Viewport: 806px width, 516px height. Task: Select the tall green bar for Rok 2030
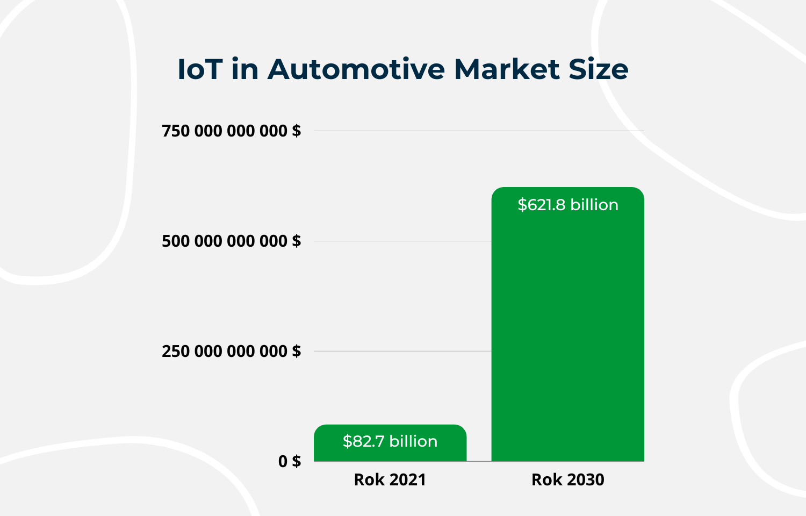click(567, 333)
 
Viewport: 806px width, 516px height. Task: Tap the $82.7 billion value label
click(390, 441)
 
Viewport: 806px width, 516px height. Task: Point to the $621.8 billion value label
click(567, 205)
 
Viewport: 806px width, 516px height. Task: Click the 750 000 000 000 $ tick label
click(231, 131)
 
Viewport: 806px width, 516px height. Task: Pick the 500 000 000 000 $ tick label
click(231, 241)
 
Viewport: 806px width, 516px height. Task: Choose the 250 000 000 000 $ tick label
click(231, 351)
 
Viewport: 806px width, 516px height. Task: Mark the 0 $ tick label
click(289, 461)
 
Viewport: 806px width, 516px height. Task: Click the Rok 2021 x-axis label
click(390, 479)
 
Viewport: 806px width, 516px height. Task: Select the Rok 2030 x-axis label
click(567, 479)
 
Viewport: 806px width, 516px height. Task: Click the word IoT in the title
click(200, 69)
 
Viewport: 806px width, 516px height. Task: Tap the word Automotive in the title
click(356, 69)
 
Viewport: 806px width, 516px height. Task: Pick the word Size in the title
click(598, 69)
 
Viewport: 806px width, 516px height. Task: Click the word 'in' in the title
click(245, 69)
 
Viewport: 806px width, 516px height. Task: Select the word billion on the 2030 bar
click(594, 205)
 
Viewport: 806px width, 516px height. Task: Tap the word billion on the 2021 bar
click(413, 441)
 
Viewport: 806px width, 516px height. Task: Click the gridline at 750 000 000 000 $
click(478, 131)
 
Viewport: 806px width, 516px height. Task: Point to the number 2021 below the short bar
click(407, 479)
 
